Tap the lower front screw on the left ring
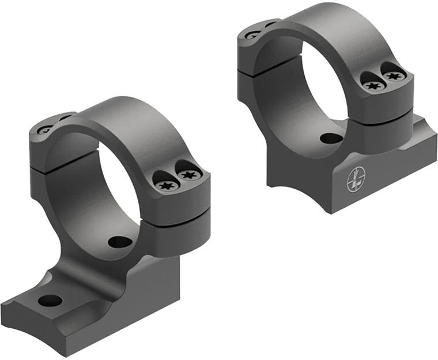point(165,185)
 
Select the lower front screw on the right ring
point(373,85)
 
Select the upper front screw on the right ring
point(394,74)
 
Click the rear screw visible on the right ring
point(252,35)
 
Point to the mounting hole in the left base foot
point(50,301)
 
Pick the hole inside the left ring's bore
point(120,242)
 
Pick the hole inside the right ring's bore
point(330,138)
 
